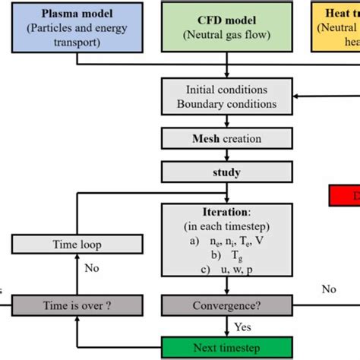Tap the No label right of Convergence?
328,289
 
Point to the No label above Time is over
91,268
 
